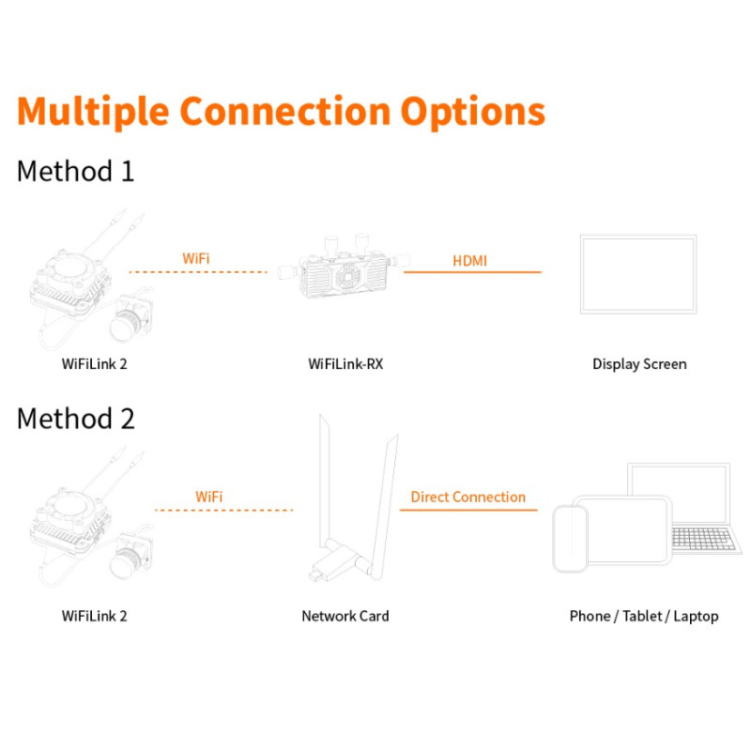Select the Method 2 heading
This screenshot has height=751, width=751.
76,419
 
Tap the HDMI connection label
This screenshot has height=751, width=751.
470,260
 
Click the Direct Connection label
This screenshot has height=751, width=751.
467,497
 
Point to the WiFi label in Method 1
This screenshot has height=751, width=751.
196,257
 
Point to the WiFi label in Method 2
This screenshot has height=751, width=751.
209,496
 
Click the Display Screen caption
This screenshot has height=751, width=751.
639,364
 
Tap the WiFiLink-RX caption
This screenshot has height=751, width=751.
345,364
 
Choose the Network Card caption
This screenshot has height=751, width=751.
345,616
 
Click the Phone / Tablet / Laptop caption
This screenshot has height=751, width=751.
643,616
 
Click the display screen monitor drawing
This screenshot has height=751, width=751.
638,275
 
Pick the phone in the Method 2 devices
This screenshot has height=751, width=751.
570,538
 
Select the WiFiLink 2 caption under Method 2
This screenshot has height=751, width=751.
94,616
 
